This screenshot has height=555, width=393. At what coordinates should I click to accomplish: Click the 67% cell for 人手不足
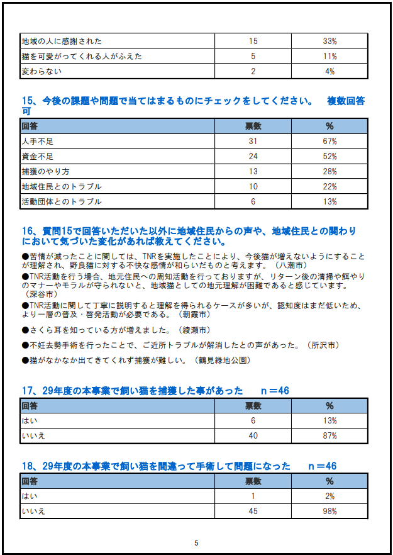point(330,142)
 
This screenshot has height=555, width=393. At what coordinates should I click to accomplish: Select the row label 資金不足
point(38,157)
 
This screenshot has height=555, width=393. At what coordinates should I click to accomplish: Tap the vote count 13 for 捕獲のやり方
point(253,172)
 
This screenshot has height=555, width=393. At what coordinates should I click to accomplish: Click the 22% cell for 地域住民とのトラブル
point(330,187)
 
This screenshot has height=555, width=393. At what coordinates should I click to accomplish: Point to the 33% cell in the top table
point(330,41)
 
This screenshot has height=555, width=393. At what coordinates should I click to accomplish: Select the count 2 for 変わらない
point(253,71)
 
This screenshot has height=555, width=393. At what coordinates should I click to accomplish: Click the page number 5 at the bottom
point(196,543)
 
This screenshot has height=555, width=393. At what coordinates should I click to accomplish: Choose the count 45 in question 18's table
point(253,512)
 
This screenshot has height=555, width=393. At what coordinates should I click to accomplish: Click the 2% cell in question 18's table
point(330,496)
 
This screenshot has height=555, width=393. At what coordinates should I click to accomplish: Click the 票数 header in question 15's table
point(253,126)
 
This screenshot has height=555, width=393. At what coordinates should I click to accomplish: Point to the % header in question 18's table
point(330,481)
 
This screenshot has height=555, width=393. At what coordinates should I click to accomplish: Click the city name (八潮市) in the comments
point(291,266)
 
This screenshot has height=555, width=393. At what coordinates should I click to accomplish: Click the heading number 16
point(28,232)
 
